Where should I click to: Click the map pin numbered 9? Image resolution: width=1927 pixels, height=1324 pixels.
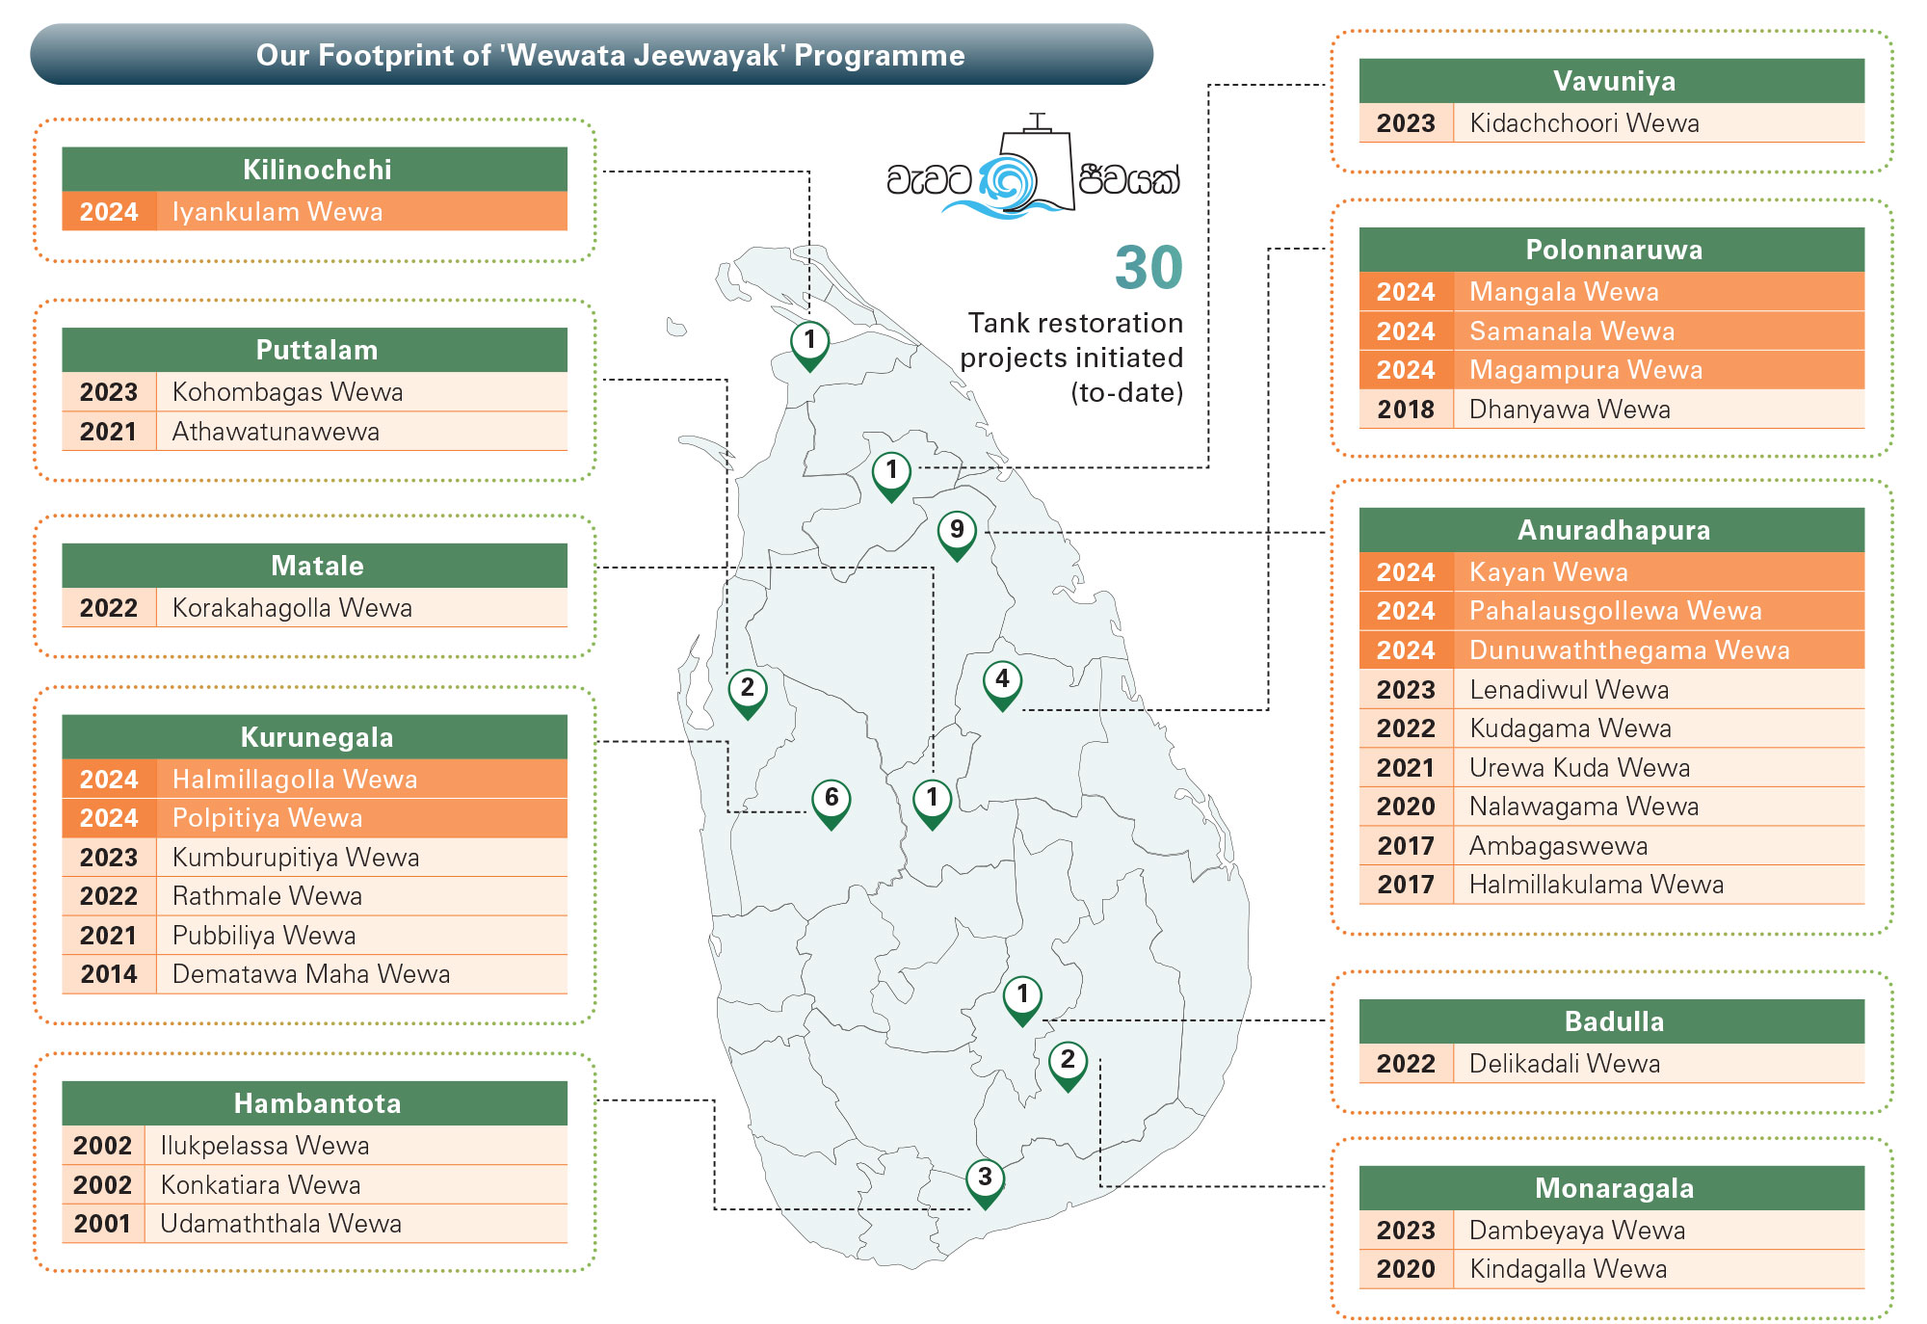coord(957,535)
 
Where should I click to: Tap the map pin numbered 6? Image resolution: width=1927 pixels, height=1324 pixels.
coord(832,804)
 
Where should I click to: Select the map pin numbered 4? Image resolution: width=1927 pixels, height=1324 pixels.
coord(1002,684)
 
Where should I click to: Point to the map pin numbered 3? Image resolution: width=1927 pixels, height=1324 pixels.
coord(985,1182)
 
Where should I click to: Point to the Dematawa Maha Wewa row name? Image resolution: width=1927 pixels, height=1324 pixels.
coord(311,974)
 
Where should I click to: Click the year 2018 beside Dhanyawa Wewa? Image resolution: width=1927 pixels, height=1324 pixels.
coord(1406,410)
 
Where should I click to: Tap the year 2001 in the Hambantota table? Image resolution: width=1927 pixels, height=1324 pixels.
coord(102,1224)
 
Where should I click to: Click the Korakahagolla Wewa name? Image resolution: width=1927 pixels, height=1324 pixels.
coord(292,608)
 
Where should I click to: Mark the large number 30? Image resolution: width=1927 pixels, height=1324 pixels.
coord(1148,267)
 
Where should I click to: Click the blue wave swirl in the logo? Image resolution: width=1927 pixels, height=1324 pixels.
coord(1007,183)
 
